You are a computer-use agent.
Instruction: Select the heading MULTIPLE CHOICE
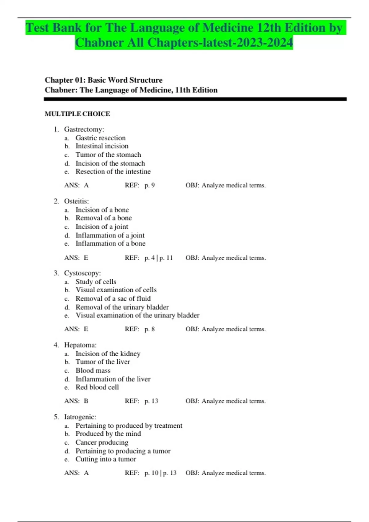click(x=77, y=114)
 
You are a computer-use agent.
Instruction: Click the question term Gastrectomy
click(x=84, y=129)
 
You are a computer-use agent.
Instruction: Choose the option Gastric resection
click(x=101, y=138)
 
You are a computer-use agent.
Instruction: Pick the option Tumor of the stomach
click(x=108, y=155)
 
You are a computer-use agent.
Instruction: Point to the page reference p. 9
click(x=149, y=185)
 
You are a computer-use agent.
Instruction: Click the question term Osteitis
click(x=76, y=201)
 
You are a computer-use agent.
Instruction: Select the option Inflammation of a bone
click(x=110, y=243)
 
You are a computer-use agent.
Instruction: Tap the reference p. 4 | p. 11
click(x=158, y=258)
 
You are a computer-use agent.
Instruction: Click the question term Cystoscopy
click(x=82, y=273)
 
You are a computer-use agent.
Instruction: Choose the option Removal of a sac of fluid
click(x=113, y=298)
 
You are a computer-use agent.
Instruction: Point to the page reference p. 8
click(x=149, y=329)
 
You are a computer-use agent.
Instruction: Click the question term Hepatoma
click(x=80, y=345)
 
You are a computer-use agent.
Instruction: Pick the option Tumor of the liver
click(x=103, y=362)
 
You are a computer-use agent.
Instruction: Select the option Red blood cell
click(x=97, y=387)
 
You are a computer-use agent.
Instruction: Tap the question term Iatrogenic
click(x=80, y=417)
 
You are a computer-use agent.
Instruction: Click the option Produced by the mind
click(x=108, y=434)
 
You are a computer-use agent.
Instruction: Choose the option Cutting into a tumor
click(x=106, y=459)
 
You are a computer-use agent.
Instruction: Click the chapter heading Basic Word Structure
click(x=125, y=80)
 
